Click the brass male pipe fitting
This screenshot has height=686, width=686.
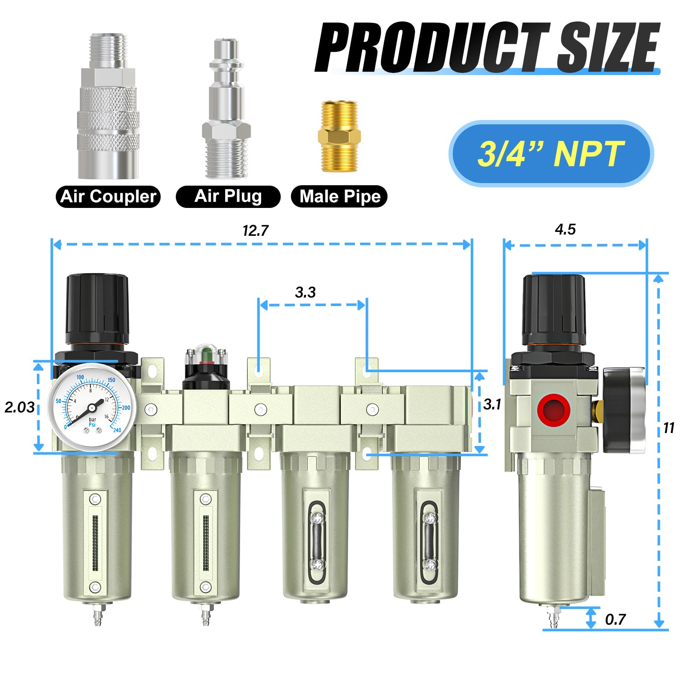point(339,137)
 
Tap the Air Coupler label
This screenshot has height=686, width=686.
point(108,197)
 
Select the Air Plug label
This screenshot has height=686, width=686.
point(228,196)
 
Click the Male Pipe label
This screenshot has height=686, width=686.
point(339,197)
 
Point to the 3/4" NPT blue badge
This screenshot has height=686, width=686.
point(551,154)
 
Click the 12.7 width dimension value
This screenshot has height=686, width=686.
point(255,231)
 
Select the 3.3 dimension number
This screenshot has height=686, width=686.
point(305,292)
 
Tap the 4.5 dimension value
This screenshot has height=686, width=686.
point(565,229)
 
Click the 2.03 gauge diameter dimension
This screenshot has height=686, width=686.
point(19,407)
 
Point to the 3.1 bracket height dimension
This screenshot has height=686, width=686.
point(492,404)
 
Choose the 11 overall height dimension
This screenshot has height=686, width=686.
point(668,428)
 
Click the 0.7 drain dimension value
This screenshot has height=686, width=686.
point(615,620)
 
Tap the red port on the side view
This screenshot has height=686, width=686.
point(554,409)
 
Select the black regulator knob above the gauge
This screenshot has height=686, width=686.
point(97,309)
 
